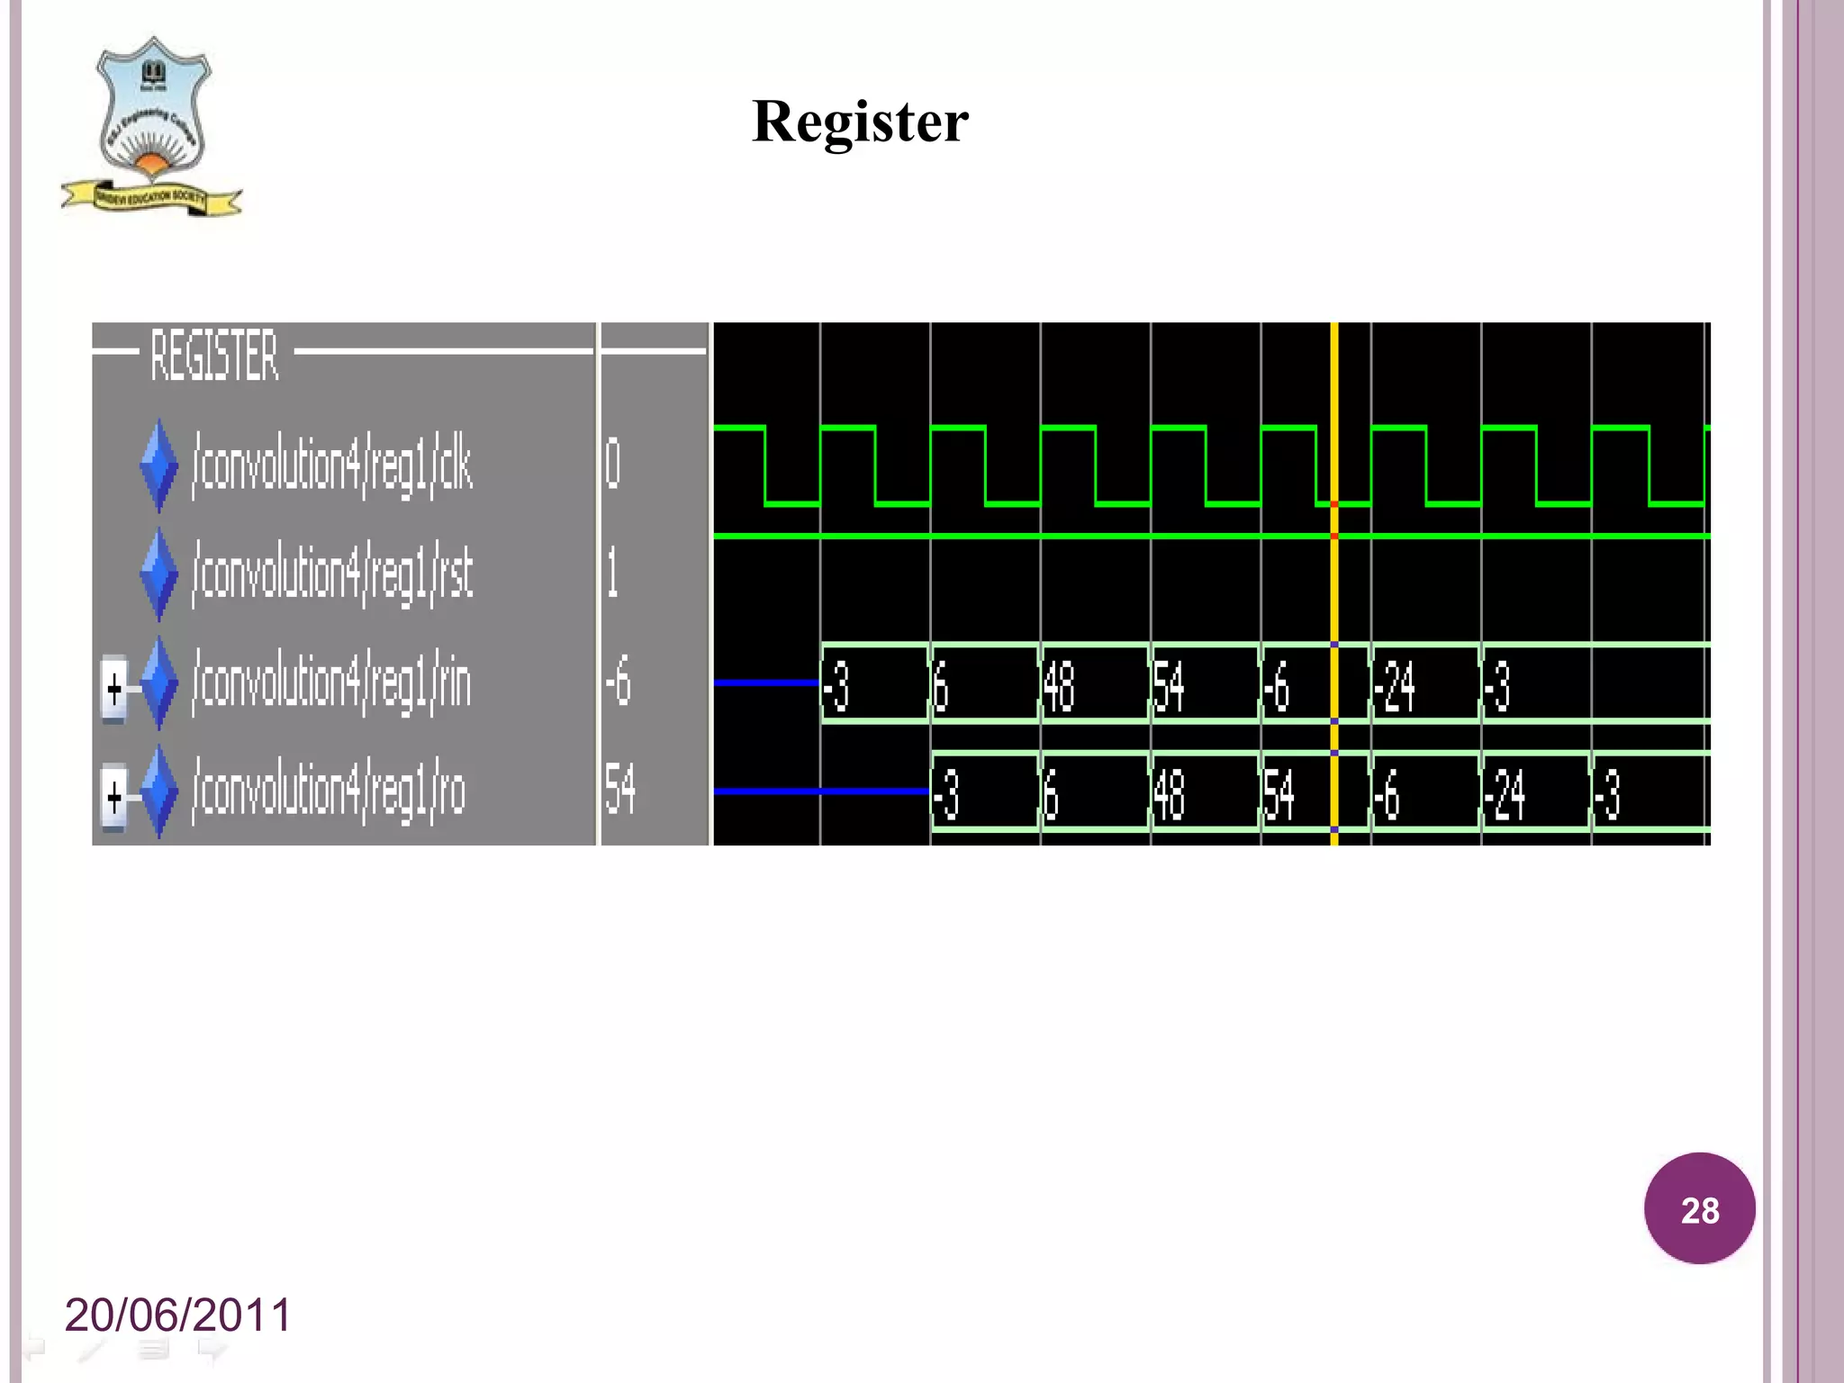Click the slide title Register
point(860,122)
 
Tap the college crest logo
point(151,126)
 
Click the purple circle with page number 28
point(1699,1208)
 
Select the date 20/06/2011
point(178,1315)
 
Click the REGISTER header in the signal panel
point(214,355)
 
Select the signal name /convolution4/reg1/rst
point(332,574)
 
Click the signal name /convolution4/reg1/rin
point(331,682)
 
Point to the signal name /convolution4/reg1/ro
point(329,791)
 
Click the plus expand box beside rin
point(114,690)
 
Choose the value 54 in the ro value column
point(620,790)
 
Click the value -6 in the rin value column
point(618,682)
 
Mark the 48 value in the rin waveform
point(1059,686)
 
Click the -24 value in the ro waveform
point(1505,794)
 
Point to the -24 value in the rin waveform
point(1394,686)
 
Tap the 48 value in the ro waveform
point(1169,794)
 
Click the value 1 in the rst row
point(612,574)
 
